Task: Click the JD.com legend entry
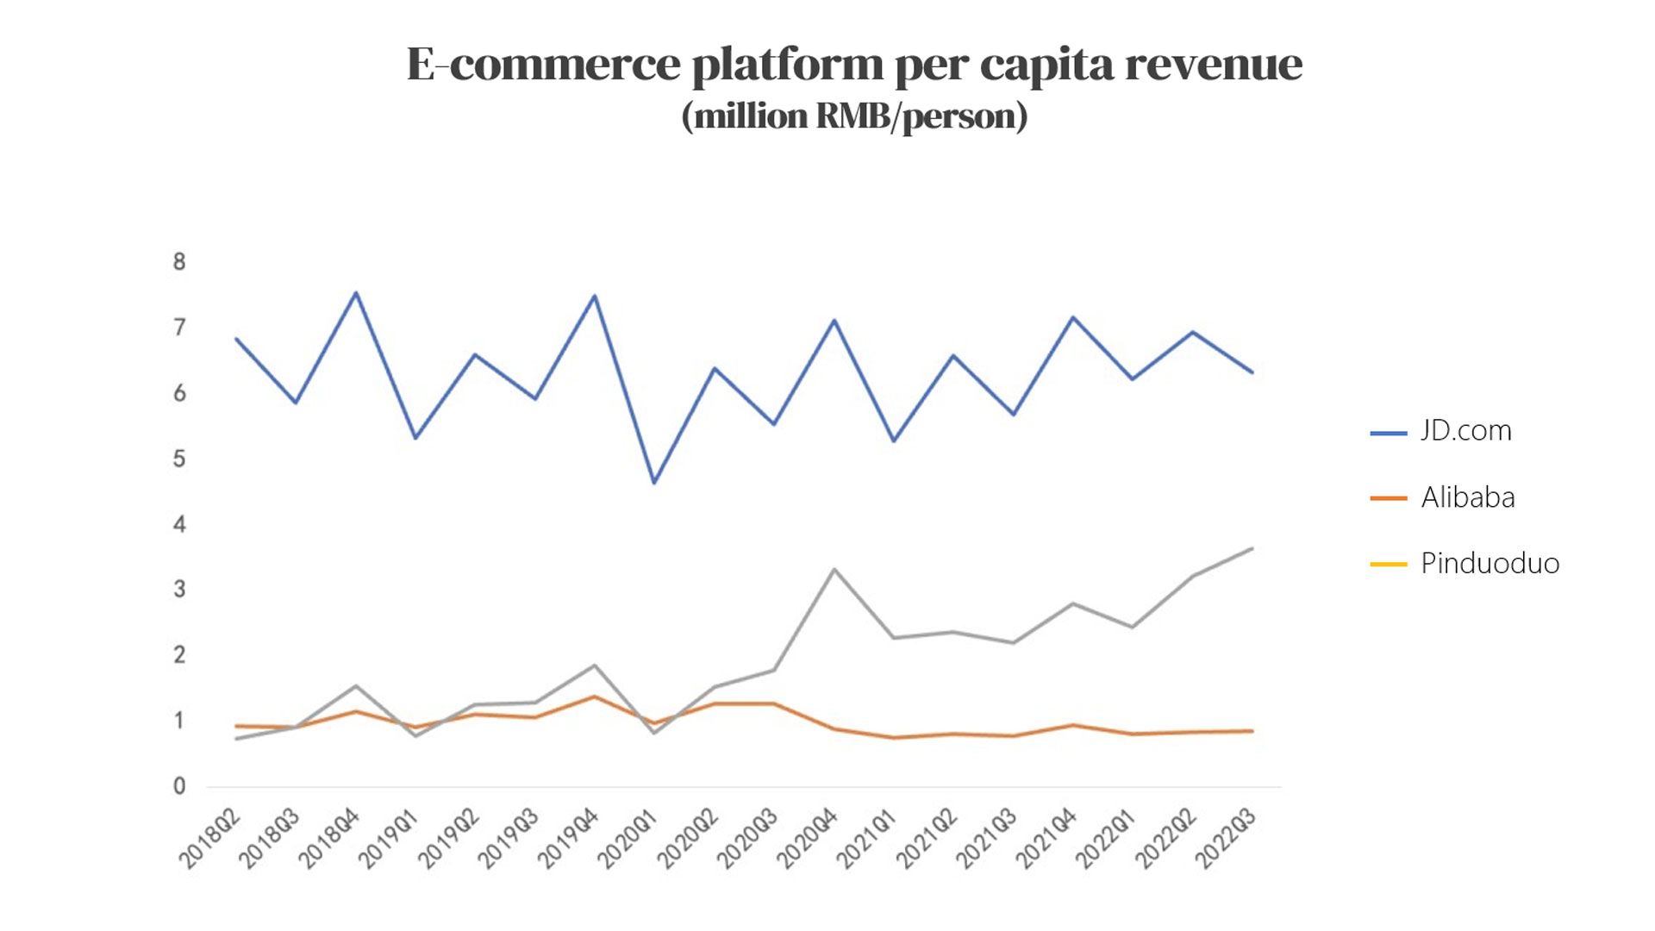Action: click(1465, 430)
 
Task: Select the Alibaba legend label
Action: click(1467, 497)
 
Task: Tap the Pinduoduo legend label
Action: click(1489, 564)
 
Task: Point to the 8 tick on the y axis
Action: click(179, 262)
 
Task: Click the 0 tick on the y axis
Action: click(179, 786)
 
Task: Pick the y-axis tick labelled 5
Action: click(179, 459)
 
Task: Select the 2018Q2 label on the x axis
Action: click(209, 839)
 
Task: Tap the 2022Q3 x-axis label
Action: click(1226, 839)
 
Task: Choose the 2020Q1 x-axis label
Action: click(628, 839)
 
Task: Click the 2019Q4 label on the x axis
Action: click(568, 839)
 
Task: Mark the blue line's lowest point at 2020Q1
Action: click(654, 483)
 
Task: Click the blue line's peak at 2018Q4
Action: click(356, 293)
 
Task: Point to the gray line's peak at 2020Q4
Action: click(834, 569)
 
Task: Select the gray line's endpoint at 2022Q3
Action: click(1252, 548)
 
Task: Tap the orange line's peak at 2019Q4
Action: click(594, 697)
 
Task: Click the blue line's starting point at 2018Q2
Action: click(236, 339)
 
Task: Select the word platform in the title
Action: click(788, 65)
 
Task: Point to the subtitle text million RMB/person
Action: click(854, 116)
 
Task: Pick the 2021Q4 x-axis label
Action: click(1046, 839)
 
